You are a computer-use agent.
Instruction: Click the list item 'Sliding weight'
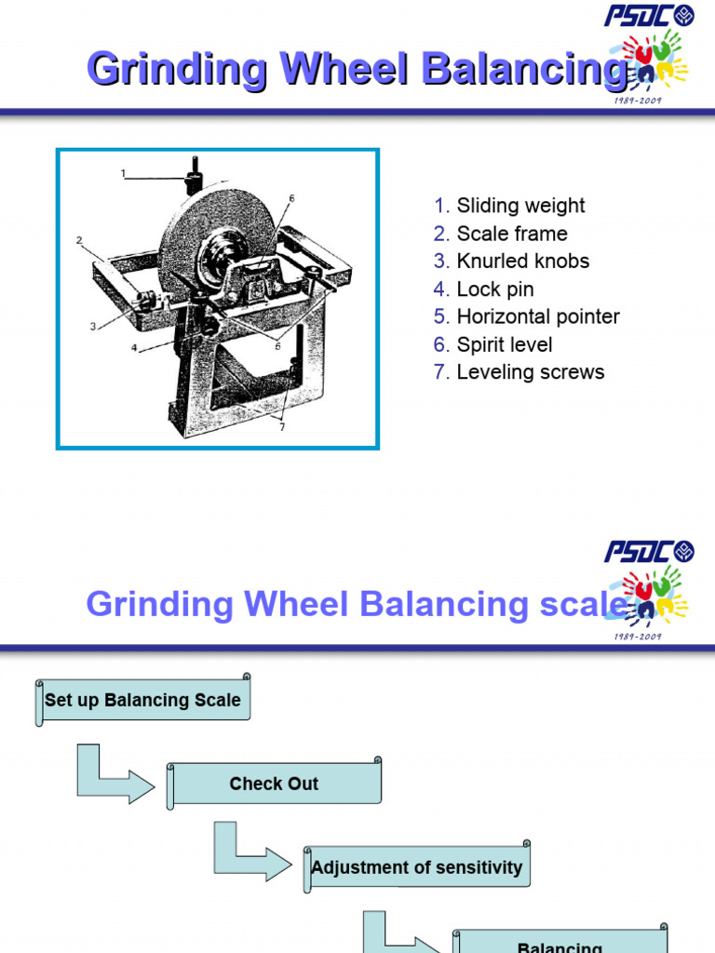(x=519, y=206)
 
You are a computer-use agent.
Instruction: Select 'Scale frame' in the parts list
(x=511, y=234)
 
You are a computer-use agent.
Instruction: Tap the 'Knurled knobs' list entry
(x=522, y=262)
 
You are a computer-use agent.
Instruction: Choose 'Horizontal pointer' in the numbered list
(x=537, y=316)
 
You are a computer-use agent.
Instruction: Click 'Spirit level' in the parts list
(x=504, y=344)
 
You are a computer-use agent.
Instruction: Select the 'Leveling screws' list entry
(x=530, y=372)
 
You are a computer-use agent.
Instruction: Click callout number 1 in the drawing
(x=123, y=173)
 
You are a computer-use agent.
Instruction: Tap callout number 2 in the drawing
(x=80, y=240)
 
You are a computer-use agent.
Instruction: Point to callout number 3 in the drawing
(x=93, y=326)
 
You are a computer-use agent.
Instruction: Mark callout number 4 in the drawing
(x=134, y=349)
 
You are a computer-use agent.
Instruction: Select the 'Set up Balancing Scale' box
(x=142, y=701)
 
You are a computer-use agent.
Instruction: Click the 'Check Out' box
(x=274, y=785)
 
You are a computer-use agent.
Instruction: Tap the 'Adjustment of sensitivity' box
(x=416, y=868)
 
